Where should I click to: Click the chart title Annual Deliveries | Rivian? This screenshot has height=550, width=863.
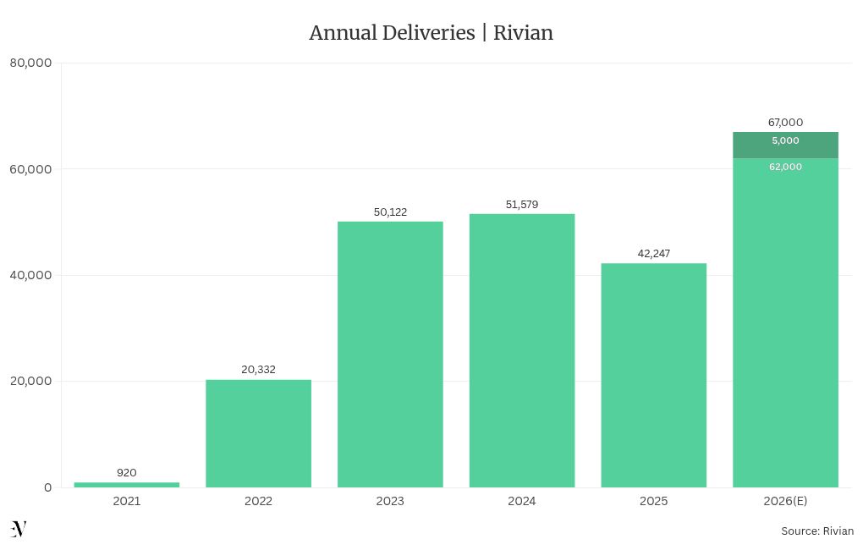431,33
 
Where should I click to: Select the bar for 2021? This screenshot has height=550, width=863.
127,485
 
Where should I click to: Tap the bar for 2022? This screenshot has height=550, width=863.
258,433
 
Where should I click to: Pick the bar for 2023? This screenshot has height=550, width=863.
390,354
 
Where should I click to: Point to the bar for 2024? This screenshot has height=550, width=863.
522,350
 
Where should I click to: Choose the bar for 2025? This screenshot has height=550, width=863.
653,375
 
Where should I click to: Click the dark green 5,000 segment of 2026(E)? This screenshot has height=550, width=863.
785,146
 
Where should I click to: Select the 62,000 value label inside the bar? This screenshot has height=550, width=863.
785,167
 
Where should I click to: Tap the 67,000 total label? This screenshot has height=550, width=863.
785,122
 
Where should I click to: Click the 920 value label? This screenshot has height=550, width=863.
127,473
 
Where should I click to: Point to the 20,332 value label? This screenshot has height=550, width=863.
258,370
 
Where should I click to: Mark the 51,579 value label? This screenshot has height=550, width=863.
522,204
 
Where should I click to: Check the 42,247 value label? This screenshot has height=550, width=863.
653,253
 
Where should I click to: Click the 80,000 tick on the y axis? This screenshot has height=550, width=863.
30,63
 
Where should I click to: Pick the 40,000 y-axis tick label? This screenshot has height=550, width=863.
30,275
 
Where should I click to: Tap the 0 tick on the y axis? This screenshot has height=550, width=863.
47,487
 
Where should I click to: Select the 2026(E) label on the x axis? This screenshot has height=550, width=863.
785,501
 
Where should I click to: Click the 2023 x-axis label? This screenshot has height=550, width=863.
390,501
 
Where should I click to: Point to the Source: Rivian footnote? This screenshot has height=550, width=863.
816,531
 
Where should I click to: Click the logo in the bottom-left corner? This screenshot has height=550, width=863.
19,530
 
